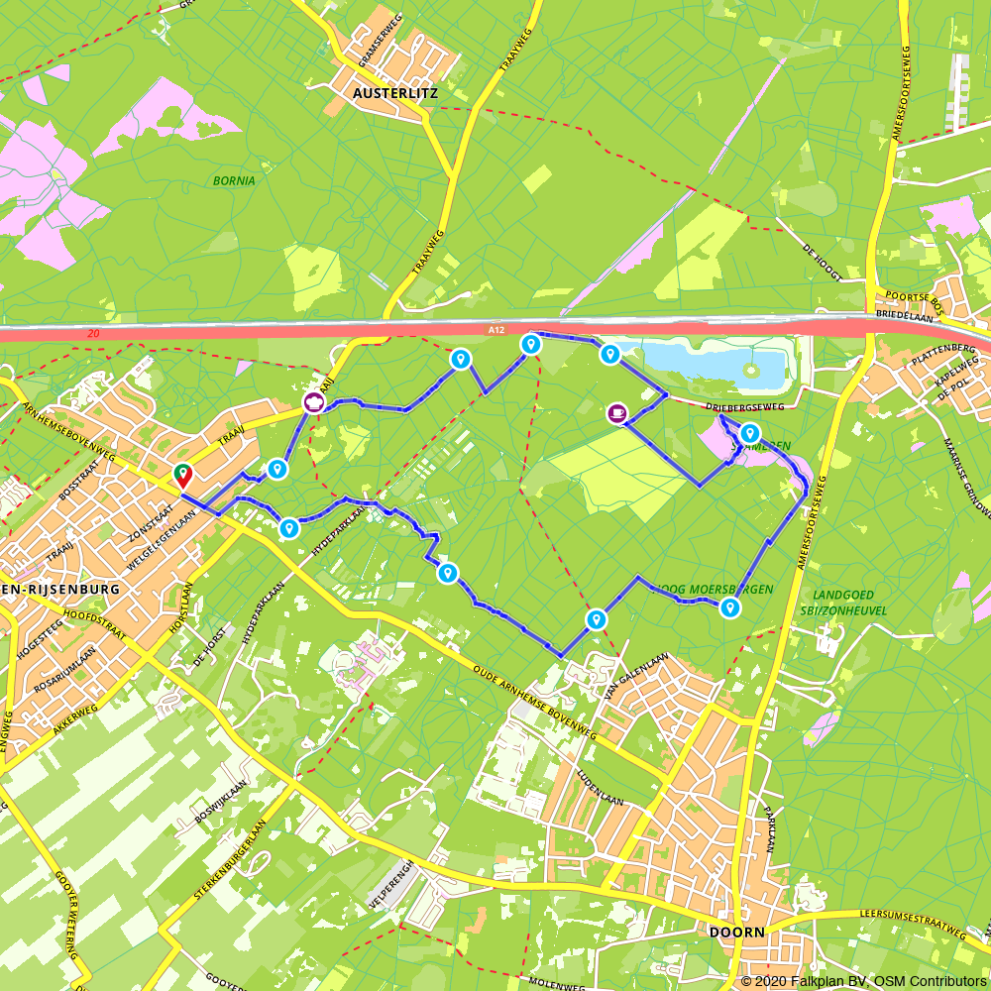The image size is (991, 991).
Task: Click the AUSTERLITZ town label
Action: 393,94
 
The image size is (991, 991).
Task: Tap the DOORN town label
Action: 737,933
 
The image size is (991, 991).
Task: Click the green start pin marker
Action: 183,476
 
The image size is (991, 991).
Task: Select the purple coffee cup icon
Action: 616,412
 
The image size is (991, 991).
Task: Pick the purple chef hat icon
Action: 314,403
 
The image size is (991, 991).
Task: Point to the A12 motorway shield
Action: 495,328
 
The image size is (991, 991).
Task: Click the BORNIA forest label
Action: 234,180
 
